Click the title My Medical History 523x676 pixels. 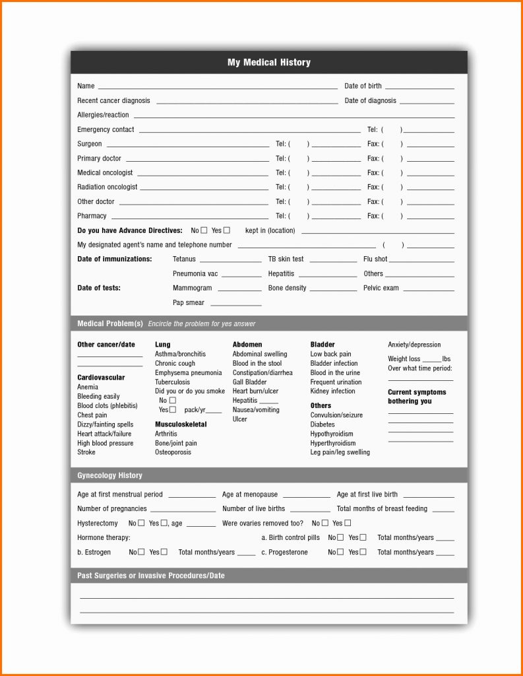(269, 63)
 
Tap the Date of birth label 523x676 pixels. (363, 86)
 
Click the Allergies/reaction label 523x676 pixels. (103, 115)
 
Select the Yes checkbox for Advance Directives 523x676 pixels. (227, 230)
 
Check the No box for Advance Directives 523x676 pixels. (204, 230)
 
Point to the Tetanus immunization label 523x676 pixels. (184, 259)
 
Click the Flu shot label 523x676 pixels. (375, 259)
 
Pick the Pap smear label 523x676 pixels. (189, 303)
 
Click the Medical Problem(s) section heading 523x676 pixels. (110, 323)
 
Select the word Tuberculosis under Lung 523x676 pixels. (172, 382)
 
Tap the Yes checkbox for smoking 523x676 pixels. (173, 410)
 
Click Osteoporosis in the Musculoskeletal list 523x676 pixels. (173, 452)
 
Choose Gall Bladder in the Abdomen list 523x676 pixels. (249, 382)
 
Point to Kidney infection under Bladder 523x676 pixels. (332, 391)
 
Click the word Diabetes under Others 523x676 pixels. (323, 424)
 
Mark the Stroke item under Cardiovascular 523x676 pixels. (86, 452)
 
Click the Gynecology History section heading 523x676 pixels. (109, 475)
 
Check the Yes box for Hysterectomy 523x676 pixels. (164, 523)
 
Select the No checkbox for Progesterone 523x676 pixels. (340, 552)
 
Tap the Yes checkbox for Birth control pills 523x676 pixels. (363, 537)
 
